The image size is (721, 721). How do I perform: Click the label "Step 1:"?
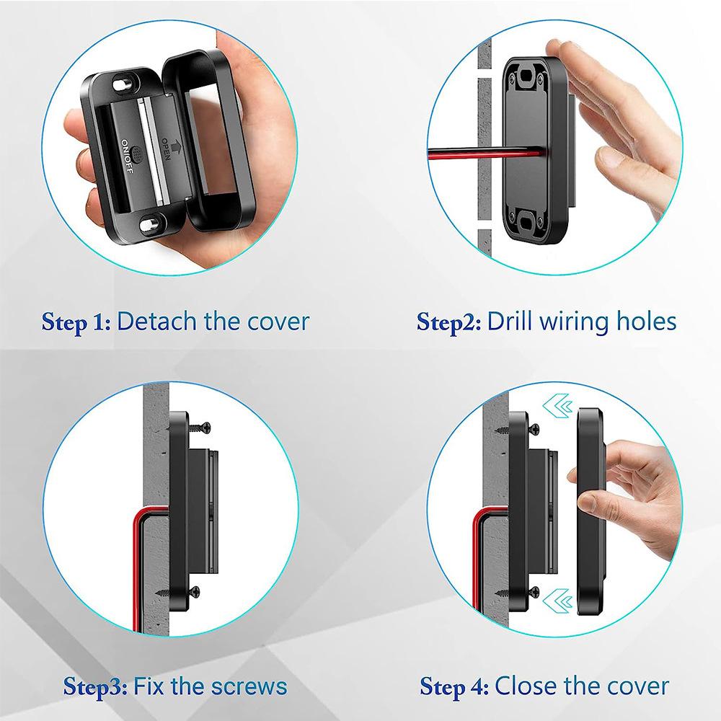pyautogui.click(x=76, y=321)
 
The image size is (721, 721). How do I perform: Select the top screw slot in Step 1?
pyautogui.click(x=120, y=84)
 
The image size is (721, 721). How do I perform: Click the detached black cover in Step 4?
pyautogui.click(x=590, y=512)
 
